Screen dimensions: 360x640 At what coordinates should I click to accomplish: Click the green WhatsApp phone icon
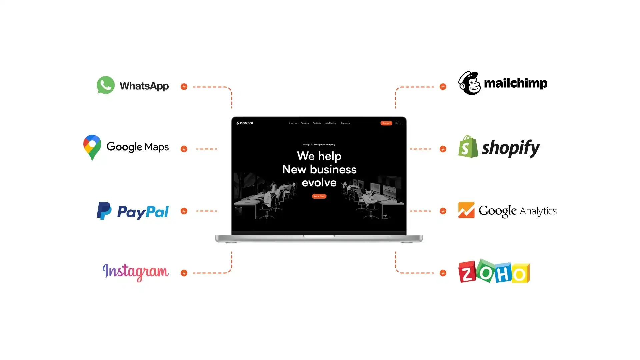[106, 85]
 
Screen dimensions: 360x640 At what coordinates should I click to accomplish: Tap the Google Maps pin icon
[92, 147]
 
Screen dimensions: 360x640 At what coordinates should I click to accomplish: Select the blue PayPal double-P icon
[104, 211]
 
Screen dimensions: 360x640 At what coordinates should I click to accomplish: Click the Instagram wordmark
[135, 272]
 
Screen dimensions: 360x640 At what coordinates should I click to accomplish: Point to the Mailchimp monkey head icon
[469, 83]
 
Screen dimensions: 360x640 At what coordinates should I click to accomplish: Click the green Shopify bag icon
[468, 147]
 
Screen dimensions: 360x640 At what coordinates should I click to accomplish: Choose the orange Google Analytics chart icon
[466, 210]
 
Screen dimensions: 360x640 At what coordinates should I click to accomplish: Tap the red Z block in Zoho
[467, 272]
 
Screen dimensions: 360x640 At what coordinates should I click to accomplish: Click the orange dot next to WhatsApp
[184, 87]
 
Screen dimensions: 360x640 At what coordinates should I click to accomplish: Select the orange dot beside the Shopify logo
[443, 149]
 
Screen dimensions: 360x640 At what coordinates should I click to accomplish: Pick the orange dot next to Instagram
[184, 273]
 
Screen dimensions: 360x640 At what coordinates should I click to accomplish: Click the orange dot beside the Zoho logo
[443, 273]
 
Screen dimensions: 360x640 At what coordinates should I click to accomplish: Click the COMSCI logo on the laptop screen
[245, 123]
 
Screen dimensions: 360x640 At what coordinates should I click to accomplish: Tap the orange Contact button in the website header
[386, 123]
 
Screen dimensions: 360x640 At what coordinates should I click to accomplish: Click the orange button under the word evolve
[319, 196]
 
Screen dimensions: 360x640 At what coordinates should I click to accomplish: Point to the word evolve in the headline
[319, 183]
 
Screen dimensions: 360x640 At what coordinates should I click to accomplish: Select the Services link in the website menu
[305, 123]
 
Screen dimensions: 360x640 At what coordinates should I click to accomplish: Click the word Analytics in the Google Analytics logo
[538, 211]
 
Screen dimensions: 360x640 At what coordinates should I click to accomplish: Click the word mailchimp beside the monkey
[515, 83]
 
